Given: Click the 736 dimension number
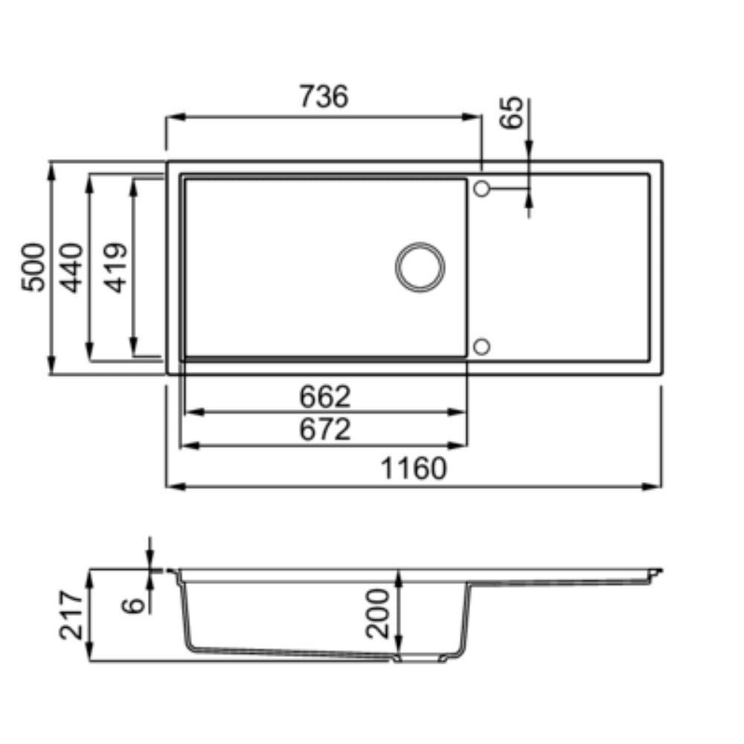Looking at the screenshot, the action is pos(324,96).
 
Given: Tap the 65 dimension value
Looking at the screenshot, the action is pos(513,112).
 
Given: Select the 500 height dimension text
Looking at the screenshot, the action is pos(33,267).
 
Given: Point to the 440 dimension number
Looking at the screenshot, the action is pos(72,268).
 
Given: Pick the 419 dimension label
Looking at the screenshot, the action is pos(116,268).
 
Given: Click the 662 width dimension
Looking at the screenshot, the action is pos(325,397).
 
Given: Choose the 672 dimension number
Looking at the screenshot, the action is pos(325,429).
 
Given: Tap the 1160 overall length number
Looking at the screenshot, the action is pos(414,468).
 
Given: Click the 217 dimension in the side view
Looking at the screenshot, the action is pos(71,615).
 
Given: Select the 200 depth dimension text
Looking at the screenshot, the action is pos(378,613).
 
